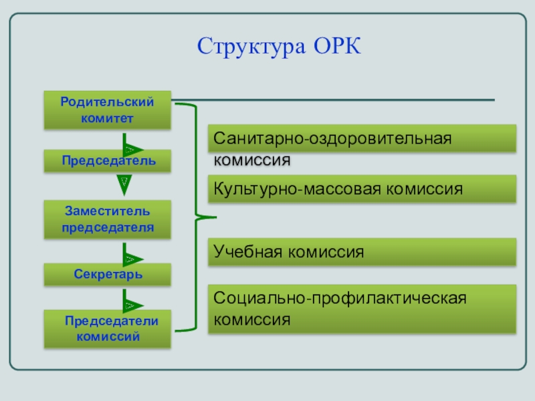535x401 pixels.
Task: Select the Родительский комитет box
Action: point(107,110)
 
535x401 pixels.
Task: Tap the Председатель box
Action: point(107,161)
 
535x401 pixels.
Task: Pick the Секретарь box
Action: point(107,274)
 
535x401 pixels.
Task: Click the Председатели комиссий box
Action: point(107,329)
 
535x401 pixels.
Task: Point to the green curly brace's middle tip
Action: point(214,217)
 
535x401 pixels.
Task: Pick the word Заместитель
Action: point(108,211)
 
